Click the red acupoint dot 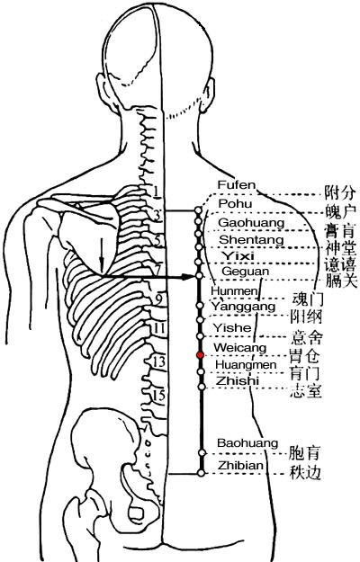pos(200,355)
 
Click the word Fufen pos(237,185)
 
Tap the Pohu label pos(235,203)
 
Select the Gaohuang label pos(251,223)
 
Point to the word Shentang pos(251,239)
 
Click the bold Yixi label pos(238,256)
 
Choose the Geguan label pos(246,272)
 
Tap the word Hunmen pos(234,290)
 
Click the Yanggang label pos(243,307)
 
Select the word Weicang pos(240,348)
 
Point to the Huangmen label pos(246,365)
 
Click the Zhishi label pos(238,380)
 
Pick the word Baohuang pos(247,443)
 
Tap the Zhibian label pos(241,465)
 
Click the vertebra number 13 pos(158,361)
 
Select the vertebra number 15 pos(158,395)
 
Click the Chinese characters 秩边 pos(305,473)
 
